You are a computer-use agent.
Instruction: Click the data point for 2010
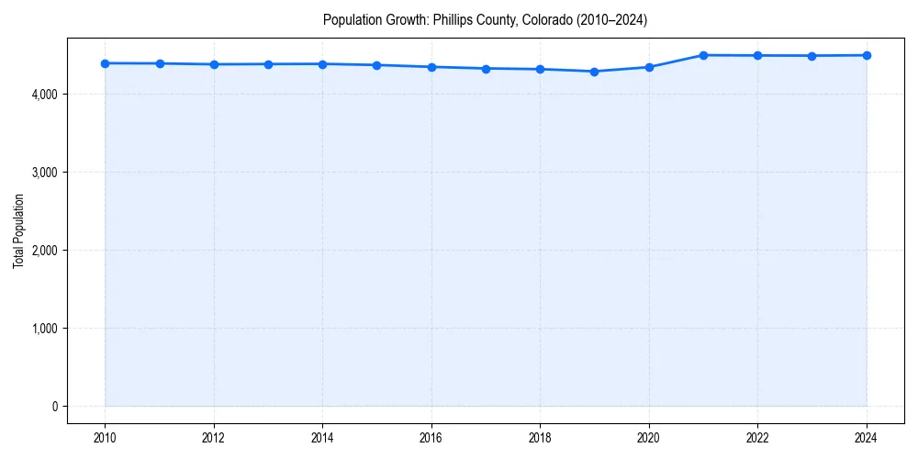[x=105, y=63]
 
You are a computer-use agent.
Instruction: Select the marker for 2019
[x=595, y=72]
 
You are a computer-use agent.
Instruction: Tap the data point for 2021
[x=703, y=55]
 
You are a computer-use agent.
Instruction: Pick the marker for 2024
[x=867, y=55]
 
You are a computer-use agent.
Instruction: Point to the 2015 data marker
[x=377, y=65]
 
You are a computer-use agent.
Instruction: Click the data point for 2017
[x=486, y=69]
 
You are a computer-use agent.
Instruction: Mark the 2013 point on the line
[x=268, y=64]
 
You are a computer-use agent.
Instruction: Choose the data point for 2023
[x=812, y=56]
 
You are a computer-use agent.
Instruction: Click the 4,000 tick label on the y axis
[x=44, y=95]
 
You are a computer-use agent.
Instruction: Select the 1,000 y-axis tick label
[x=44, y=329]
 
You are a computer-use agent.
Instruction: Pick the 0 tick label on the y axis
[x=54, y=407]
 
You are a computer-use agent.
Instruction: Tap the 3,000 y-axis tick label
[x=44, y=173]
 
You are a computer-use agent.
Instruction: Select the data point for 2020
[x=649, y=67]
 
